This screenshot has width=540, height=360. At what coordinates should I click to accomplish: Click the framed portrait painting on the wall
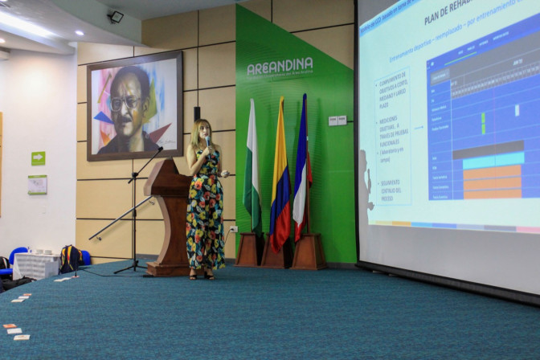(x=134, y=105)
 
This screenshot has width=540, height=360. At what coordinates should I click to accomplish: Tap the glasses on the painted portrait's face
(x=129, y=103)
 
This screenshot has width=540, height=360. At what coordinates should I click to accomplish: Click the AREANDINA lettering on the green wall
(x=280, y=67)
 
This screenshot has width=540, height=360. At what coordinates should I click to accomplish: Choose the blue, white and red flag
(x=301, y=173)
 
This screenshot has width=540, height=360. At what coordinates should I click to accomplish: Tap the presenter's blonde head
(x=201, y=131)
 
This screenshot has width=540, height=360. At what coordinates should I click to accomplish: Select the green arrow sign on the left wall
(x=38, y=158)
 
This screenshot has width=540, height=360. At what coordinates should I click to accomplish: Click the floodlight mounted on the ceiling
(x=116, y=16)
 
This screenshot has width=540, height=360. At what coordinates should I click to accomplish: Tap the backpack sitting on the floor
(x=70, y=259)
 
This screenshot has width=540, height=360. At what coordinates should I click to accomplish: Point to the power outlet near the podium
(x=233, y=230)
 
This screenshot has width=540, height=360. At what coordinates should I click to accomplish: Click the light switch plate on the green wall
(x=337, y=121)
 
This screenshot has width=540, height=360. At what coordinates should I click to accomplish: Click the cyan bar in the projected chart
(x=492, y=161)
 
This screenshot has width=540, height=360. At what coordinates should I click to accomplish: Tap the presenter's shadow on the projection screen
(x=366, y=185)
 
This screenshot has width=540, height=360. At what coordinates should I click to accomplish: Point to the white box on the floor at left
(x=36, y=265)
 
